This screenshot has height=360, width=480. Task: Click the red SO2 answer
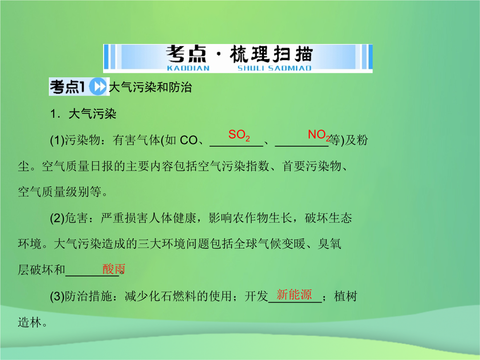point(239,135)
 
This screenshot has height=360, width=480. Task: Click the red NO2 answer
point(319,135)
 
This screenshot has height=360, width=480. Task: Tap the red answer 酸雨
point(114,269)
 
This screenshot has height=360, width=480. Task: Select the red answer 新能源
point(294,295)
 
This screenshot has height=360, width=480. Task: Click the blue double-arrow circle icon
point(98,87)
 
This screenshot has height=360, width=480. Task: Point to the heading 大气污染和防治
point(150,87)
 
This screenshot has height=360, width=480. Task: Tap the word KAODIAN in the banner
point(188,68)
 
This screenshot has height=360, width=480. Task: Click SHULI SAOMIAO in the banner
point(274,68)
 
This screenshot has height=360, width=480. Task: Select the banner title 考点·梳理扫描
point(239,54)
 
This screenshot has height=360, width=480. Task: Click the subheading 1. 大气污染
point(83,114)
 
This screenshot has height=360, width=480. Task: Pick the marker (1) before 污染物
point(57,140)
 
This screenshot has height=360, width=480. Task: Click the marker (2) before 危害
point(57,218)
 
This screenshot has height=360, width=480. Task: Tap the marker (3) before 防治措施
point(57,296)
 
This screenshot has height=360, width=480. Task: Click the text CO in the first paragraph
point(188,140)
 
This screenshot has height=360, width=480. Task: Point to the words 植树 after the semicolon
point(346,296)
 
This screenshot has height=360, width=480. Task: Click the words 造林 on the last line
point(29,322)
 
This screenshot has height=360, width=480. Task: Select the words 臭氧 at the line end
point(329,244)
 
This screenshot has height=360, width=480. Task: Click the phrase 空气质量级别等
point(60,192)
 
